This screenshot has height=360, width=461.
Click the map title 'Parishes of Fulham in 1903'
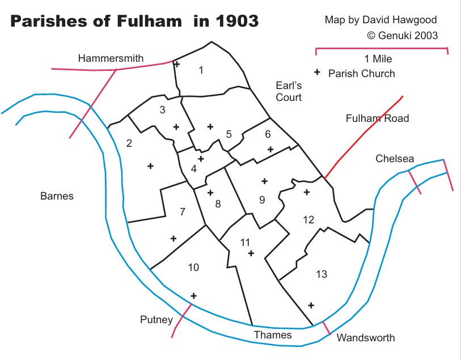(x=134, y=22)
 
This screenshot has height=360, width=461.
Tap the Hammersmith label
(x=111, y=58)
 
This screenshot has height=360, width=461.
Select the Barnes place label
(x=57, y=196)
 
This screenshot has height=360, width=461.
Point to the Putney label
(x=156, y=320)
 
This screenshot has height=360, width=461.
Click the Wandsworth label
(x=365, y=338)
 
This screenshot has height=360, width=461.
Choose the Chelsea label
(x=395, y=159)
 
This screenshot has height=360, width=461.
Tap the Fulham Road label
(x=377, y=118)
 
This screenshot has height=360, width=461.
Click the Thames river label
(x=273, y=334)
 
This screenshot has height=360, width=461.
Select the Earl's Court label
(x=289, y=91)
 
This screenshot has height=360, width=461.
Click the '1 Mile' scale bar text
(x=378, y=59)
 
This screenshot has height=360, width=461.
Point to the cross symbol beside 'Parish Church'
(x=317, y=73)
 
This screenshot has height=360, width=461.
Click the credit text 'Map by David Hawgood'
(x=380, y=20)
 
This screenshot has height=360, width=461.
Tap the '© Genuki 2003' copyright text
(x=402, y=35)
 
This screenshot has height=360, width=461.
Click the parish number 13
(x=322, y=274)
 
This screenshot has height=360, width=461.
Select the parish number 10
(x=193, y=267)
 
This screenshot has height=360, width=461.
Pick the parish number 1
(x=201, y=70)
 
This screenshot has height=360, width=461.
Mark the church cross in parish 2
(x=150, y=166)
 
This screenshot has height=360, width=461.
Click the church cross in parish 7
(x=174, y=239)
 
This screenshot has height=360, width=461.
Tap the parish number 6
(x=268, y=134)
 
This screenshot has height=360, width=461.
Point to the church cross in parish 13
(x=311, y=305)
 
